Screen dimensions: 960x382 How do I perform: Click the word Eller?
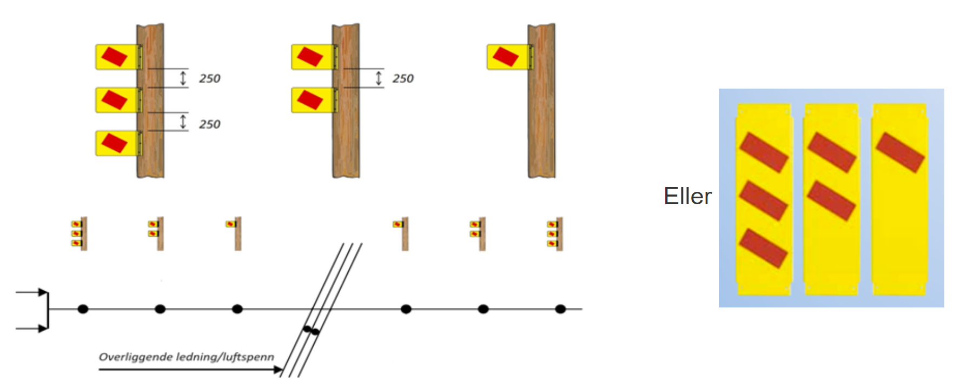click(x=687, y=196)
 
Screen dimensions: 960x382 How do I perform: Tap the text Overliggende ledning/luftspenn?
click(x=186, y=357)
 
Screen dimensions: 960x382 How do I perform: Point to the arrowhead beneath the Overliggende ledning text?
click(x=278, y=370)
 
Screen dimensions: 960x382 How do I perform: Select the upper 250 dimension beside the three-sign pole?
click(x=209, y=78)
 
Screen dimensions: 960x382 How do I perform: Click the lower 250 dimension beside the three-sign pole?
click(x=209, y=124)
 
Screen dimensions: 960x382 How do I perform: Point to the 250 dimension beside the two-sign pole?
click(x=403, y=78)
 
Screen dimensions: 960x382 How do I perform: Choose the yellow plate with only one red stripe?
click(x=899, y=199)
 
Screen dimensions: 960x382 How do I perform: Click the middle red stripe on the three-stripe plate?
click(x=763, y=200)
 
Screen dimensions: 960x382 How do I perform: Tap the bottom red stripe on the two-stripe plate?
click(x=831, y=200)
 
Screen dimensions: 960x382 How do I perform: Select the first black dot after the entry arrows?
click(x=83, y=309)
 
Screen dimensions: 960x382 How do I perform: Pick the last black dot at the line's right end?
click(x=560, y=309)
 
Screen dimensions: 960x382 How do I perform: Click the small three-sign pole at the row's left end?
click(x=80, y=233)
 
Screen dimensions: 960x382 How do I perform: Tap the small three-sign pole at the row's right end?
click(x=555, y=233)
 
